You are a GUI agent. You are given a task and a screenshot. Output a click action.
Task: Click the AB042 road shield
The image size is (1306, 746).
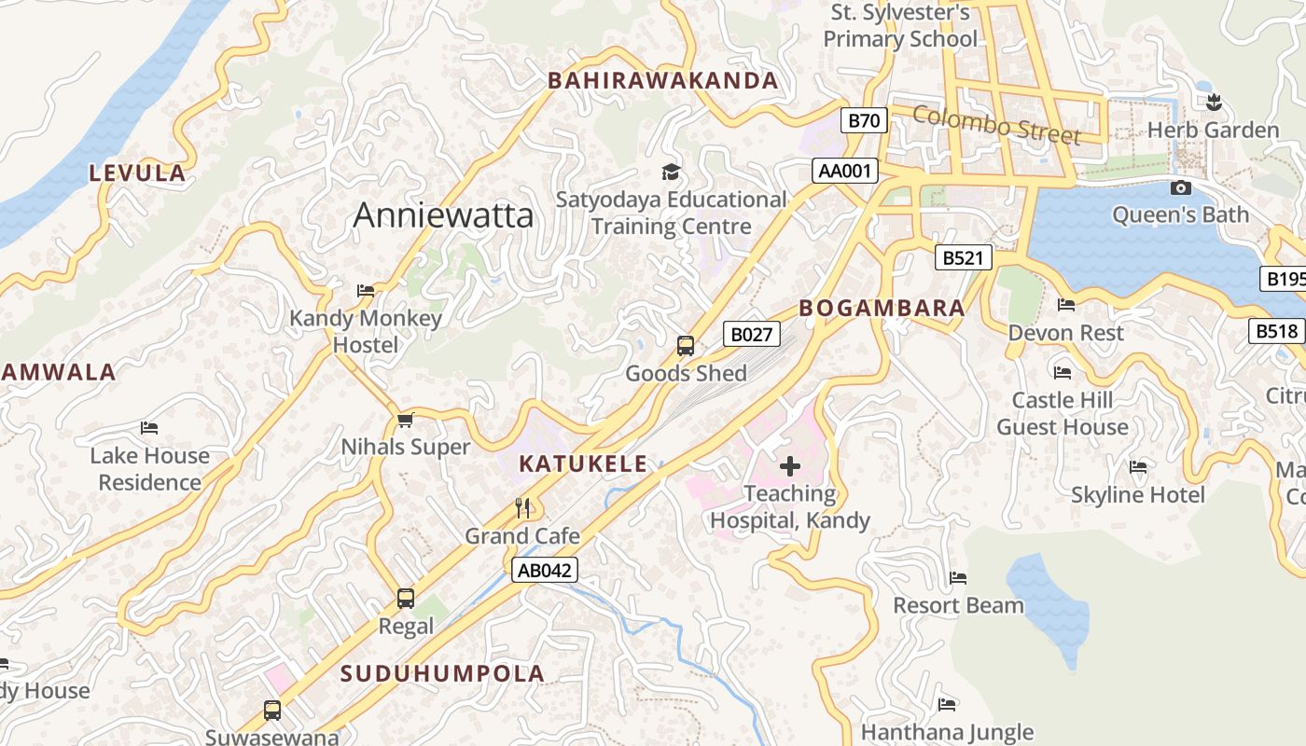click(545, 570)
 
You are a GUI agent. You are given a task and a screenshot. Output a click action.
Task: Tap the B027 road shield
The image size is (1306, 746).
click(751, 334)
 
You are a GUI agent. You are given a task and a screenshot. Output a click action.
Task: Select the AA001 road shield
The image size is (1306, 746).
click(846, 171)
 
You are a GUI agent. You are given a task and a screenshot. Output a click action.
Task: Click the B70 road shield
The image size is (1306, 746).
click(864, 120)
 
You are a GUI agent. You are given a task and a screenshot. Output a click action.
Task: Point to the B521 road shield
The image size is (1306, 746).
click(963, 257)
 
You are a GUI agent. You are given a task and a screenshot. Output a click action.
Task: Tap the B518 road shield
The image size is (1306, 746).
click(1276, 330)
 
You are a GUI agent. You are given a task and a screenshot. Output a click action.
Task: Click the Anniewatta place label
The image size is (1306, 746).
click(443, 215)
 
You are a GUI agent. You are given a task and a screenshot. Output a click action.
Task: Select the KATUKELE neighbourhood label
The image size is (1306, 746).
click(583, 463)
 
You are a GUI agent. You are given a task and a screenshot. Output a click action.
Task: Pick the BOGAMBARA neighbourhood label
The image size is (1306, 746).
click(882, 308)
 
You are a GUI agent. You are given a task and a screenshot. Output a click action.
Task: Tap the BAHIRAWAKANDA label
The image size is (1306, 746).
click(662, 81)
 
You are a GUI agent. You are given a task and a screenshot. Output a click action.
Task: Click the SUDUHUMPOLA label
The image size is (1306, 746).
click(442, 673)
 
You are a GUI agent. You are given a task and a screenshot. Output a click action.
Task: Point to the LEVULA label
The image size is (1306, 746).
click(137, 173)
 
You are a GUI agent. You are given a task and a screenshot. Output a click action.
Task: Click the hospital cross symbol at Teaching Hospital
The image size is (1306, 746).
click(790, 466)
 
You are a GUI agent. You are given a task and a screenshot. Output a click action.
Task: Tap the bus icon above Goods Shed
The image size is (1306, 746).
click(686, 346)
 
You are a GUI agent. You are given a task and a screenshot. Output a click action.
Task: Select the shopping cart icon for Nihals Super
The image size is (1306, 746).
click(405, 421)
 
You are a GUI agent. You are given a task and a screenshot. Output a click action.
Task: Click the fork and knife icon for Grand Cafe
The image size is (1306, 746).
click(522, 508)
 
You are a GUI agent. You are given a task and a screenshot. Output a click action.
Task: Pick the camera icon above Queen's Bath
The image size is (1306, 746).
click(1180, 187)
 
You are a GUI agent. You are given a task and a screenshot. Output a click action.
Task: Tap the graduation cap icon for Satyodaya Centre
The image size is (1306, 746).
click(671, 172)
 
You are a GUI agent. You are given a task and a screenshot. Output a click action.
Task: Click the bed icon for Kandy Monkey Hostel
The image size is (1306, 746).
click(366, 291)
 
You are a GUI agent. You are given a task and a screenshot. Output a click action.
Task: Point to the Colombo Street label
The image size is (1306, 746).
click(996, 124)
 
